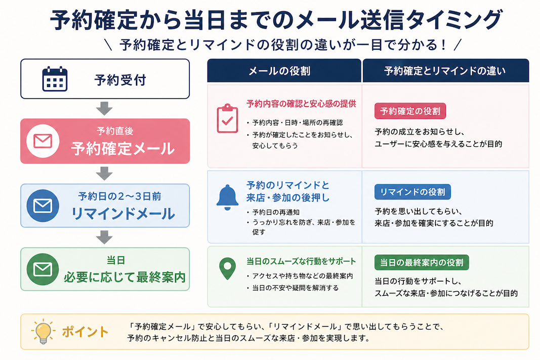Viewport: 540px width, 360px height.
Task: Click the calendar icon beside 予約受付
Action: point(55,79)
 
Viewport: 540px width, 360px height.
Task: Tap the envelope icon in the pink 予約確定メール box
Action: point(43,141)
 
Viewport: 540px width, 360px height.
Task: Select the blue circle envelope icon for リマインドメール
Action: point(43,206)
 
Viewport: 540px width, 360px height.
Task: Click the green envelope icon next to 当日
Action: point(43,269)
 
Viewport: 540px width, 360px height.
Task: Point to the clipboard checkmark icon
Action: point(227,118)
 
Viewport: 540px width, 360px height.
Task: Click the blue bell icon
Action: point(227,197)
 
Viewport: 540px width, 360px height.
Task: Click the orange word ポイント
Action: point(85,332)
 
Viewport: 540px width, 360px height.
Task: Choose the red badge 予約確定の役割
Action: point(410,111)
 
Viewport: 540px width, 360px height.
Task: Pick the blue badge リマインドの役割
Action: point(412,192)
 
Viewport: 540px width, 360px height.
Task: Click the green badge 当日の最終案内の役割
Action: point(422,262)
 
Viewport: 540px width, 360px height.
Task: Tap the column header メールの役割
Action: point(279,71)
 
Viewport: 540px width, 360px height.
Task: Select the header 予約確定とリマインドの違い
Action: point(445,71)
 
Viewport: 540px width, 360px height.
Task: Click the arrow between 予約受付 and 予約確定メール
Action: point(104,108)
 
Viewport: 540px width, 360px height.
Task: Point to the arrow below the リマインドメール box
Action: point(104,237)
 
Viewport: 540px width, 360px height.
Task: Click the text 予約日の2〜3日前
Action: point(119,196)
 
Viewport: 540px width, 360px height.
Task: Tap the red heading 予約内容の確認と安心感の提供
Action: point(301,104)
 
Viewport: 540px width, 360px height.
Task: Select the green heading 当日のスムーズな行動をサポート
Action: point(301,261)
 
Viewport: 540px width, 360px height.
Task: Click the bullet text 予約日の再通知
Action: point(275,212)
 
